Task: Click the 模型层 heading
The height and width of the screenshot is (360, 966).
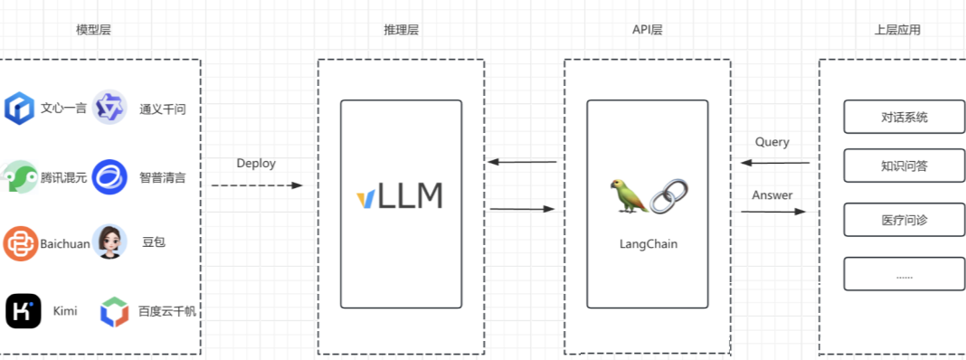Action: [x=94, y=30]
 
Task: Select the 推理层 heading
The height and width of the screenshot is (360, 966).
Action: [x=402, y=30]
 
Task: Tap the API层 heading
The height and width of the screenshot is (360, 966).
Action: [x=648, y=30]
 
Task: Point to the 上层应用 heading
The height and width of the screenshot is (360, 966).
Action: [x=897, y=30]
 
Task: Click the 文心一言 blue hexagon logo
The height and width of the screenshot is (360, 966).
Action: [x=19, y=109]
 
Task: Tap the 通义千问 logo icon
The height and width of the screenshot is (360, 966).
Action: [x=109, y=109]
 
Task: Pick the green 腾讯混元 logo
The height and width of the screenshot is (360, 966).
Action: [x=19, y=176]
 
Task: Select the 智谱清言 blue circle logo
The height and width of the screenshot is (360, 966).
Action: [x=109, y=176]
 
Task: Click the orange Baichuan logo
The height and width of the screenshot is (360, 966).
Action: [x=20, y=243]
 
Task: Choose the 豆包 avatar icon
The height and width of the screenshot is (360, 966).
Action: [x=109, y=242]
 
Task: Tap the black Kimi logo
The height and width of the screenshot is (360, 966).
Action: [x=23, y=311]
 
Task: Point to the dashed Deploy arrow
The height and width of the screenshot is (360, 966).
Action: [x=257, y=185]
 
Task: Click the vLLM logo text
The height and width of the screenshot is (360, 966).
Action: [x=400, y=196]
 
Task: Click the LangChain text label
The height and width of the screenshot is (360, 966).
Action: [x=648, y=243]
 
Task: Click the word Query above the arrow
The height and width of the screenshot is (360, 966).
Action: [x=772, y=142]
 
